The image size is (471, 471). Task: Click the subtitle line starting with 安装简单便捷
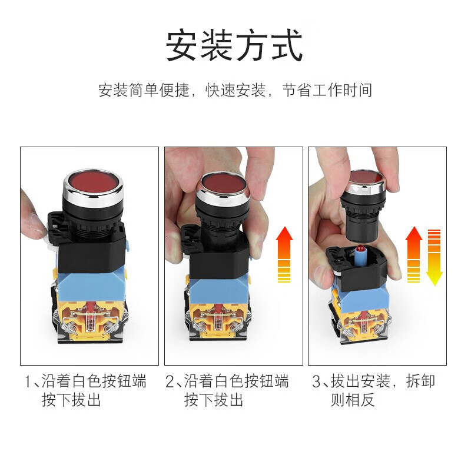tap(235, 91)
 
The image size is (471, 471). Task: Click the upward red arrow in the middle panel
tap(284, 253)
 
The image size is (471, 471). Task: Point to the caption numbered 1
tap(85, 390)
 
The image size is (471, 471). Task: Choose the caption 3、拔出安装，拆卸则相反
tap(373, 390)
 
